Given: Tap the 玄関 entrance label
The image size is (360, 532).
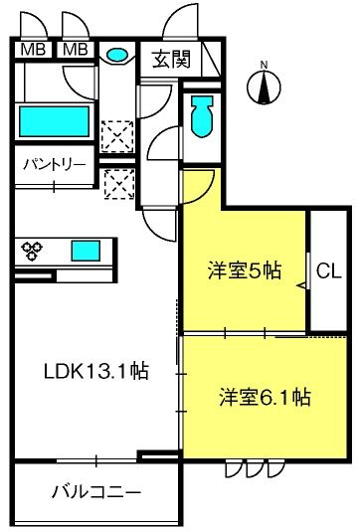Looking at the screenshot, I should [x=170, y=59].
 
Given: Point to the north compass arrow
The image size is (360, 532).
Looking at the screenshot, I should [x=264, y=89].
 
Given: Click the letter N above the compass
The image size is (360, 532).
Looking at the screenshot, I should [x=264, y=66].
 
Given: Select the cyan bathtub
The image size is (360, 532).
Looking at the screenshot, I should [x=56, y=121].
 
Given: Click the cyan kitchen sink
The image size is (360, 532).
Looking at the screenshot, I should [x=85, y=250].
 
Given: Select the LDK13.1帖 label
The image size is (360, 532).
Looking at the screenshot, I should [x=96, y=372].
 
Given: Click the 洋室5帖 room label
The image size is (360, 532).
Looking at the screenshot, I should [x=244, y=269].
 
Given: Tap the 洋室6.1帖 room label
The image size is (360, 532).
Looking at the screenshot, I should [x=265, y=398].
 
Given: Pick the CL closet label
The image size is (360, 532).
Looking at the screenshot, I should [x=326, y=269].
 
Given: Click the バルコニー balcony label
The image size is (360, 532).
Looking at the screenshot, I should [x=95, y=492].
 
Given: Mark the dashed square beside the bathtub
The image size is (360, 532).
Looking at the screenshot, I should [x=118, y=133].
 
